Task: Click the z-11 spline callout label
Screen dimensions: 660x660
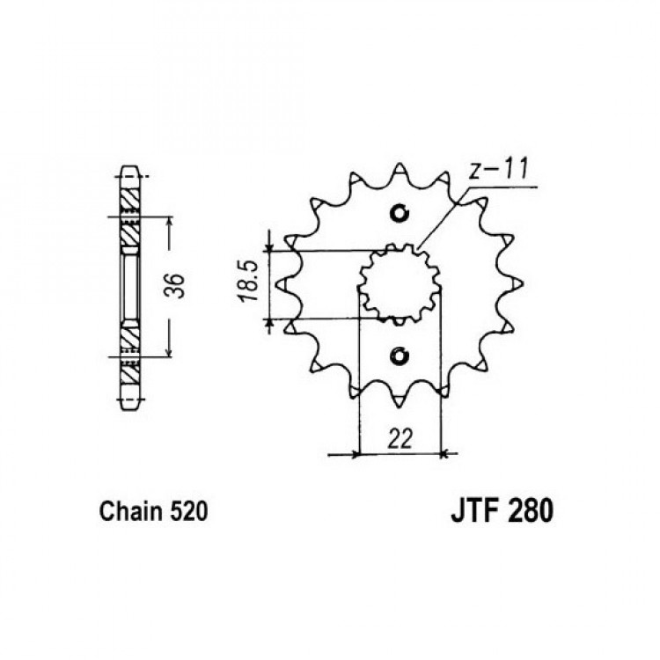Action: pyautogui.click(x=498, y=169)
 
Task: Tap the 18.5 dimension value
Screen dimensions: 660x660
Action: pyautogui.click(x=249, y=281)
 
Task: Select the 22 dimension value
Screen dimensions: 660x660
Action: pyautogui.click(x=399, y=439)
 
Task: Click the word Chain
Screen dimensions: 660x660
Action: pyautogui.click(x=131, y=511)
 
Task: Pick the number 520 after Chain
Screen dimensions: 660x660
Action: pyautogui.click(x=189, y=512)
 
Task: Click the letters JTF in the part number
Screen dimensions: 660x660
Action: pyautogui.click(x=476, y=511)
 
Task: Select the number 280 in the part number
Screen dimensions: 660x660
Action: pyautogui.click(x=532, y=511)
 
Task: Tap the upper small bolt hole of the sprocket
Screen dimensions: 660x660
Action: pyautogui.click(x=399, y=214)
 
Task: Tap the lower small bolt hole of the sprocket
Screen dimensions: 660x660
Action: pyautogui.click(x=399, y=356)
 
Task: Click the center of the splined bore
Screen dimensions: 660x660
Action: pyautogui.click(x=399, y=284)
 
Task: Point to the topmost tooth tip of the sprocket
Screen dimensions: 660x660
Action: pyautogui.click(x=399, y=165)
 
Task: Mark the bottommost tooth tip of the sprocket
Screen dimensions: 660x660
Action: pyautogui.click(x=398, y=407)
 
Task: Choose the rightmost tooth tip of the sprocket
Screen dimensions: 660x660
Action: pyautogui.click(x=523, y=283)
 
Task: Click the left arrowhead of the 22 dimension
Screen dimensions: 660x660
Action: pyautogui.click(x=356, y=455)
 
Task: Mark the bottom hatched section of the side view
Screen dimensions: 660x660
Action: pyautogui.click(x=129, y=353)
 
